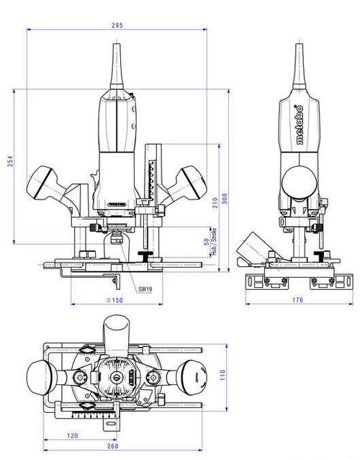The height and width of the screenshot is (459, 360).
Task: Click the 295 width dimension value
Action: tap(117, 25)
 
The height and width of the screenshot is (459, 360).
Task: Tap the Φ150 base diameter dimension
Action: tap(116, 300)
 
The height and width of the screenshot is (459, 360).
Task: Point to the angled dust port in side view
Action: tap(254, 246)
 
